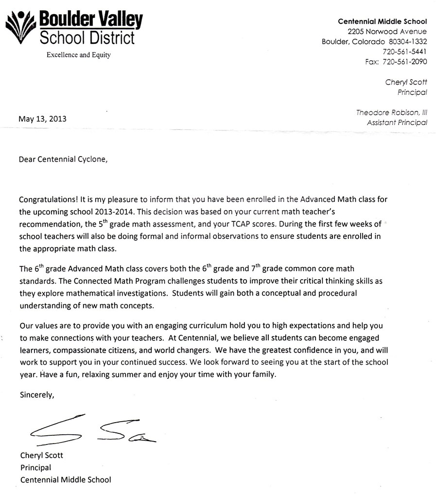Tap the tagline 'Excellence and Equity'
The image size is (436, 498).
click(x=79, y=55)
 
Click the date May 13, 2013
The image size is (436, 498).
click(x=42, y=119)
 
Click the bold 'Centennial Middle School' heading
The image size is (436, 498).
click(x=382, y=21)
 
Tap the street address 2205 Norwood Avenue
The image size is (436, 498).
click(x=387, y=32)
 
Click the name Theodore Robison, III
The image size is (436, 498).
click(x=391, y=112)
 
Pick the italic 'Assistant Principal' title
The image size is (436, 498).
click(x=397, y=123)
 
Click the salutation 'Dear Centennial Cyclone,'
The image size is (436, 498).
click(x=61, y=159)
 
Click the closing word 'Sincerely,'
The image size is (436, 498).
click(x=37, y=394)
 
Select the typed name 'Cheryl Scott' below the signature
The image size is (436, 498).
click(x=42, y=456)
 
